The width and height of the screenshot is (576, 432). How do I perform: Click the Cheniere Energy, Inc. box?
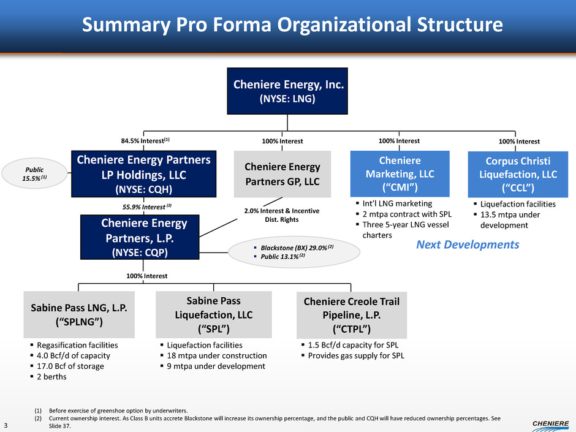click(x=287, y=91)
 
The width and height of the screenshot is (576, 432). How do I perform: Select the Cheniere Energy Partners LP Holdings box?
click(x=144, y=174)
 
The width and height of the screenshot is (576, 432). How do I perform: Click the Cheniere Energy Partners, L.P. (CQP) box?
click(x=144, y=237)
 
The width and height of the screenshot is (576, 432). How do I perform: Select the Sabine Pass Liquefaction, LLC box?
click(x=213, y=314)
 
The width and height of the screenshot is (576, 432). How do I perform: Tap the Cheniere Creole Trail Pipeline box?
click(x=351, y=314)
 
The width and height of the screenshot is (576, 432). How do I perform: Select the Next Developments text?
click(x=468, y=244)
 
